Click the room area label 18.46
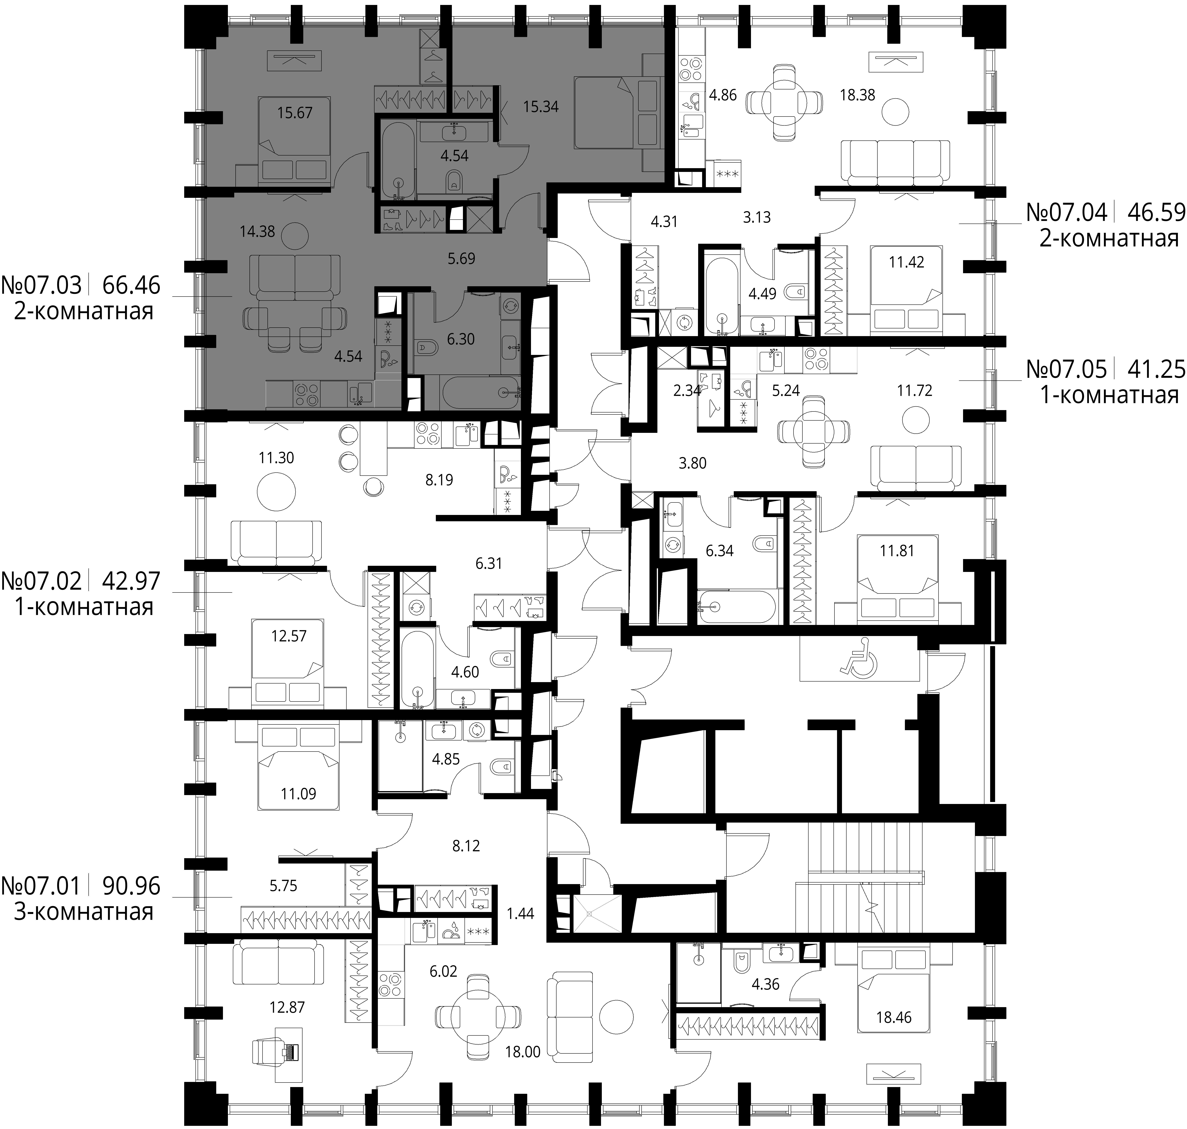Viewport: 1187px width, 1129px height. (x=894, y=1017)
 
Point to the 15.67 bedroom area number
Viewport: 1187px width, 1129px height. (x=295, y=113)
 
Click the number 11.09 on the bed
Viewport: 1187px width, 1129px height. (x=298, y=794)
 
